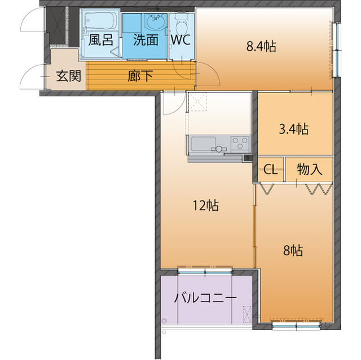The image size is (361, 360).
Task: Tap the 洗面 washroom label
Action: click(145, 41)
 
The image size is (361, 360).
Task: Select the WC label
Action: click(181, 41)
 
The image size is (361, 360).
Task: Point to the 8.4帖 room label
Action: click(261, 47)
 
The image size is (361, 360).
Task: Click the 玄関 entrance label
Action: click(67, 76)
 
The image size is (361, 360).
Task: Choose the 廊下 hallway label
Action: click(140, 76)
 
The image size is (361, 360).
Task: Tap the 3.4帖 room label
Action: click(294, 129)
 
